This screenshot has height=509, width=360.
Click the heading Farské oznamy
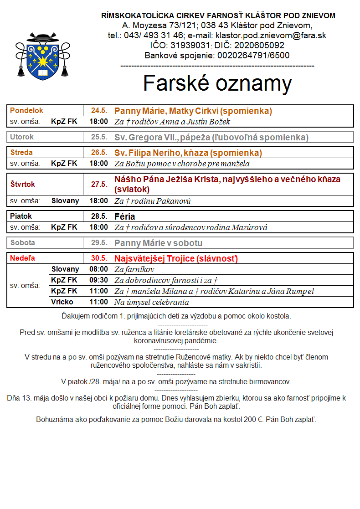[x=217, y=83]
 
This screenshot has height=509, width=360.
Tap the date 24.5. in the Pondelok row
[x=99, y=111]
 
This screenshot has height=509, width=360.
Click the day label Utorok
[x=22, y=137]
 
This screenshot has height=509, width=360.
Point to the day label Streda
[x=21, y=153]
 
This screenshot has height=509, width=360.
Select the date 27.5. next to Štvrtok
[x=99, y=185]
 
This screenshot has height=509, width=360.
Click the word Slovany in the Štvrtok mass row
[x=65, y=201]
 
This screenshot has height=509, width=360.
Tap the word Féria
[x=125, y=216]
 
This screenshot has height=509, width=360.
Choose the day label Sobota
[x=22, y=243]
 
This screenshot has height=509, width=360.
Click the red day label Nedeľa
[x=22, y=258]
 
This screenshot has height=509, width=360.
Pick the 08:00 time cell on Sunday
[x=99, y=269]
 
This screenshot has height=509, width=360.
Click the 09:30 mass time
[x=99, y=280]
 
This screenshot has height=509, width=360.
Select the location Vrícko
[x=62, y=302]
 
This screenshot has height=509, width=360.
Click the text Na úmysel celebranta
[x=151, y=302]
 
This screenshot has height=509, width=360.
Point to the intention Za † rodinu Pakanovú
[x=152, y=201]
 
